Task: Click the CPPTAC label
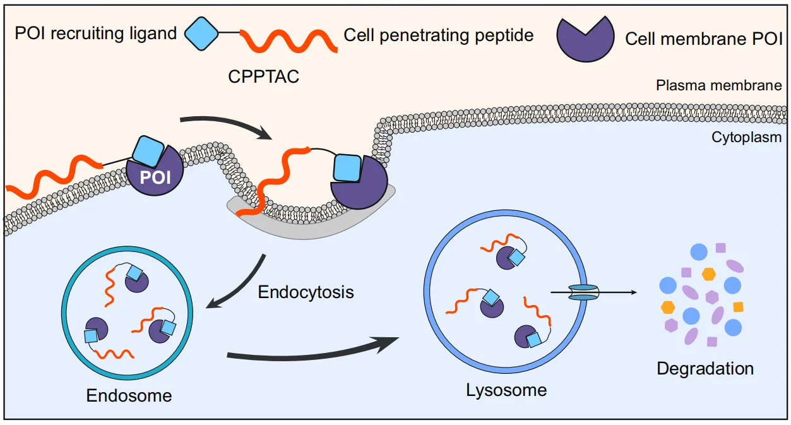tap(263, 77)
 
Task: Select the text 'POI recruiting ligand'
tap(96, 33)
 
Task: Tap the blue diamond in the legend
tap(201, 33)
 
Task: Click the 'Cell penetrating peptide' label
tap(439, 35)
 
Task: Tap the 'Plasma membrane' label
tap(719, 85)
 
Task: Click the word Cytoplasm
tap(747, 137)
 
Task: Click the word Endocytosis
tap(306, 292)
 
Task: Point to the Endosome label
tap(129, 396)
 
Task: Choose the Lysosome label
tap(506, 390)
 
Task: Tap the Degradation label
tap(705, 368)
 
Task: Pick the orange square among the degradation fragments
tap(737, 307)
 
